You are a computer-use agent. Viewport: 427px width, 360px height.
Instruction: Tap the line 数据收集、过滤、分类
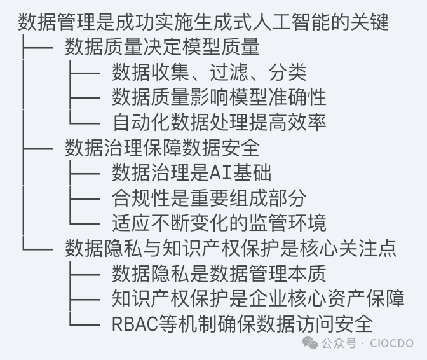point(209,72)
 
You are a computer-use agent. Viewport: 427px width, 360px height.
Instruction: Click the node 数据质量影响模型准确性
point(219,97)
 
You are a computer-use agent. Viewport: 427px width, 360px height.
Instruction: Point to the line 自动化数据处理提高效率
point(219,121)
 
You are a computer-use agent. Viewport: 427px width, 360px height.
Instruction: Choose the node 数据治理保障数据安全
point(162,147)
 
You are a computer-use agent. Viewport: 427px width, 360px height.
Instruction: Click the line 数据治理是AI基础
point(191,172)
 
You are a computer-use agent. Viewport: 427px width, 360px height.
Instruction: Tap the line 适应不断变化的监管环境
point(219,223)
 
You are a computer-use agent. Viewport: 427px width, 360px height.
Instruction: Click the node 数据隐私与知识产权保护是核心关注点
point(231,248)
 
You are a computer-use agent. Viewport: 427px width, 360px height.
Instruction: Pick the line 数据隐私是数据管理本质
point(219,273)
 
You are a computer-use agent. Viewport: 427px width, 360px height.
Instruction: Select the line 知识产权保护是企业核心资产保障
point(257,298)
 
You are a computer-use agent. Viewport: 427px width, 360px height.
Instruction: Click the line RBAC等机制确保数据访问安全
point(242,323)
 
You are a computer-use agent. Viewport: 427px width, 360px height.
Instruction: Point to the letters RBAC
point(132,324)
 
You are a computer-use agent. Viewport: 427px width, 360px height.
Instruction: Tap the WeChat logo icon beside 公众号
point(310,343)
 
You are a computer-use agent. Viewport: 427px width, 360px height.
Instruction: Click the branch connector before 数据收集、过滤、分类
point(83,72)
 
